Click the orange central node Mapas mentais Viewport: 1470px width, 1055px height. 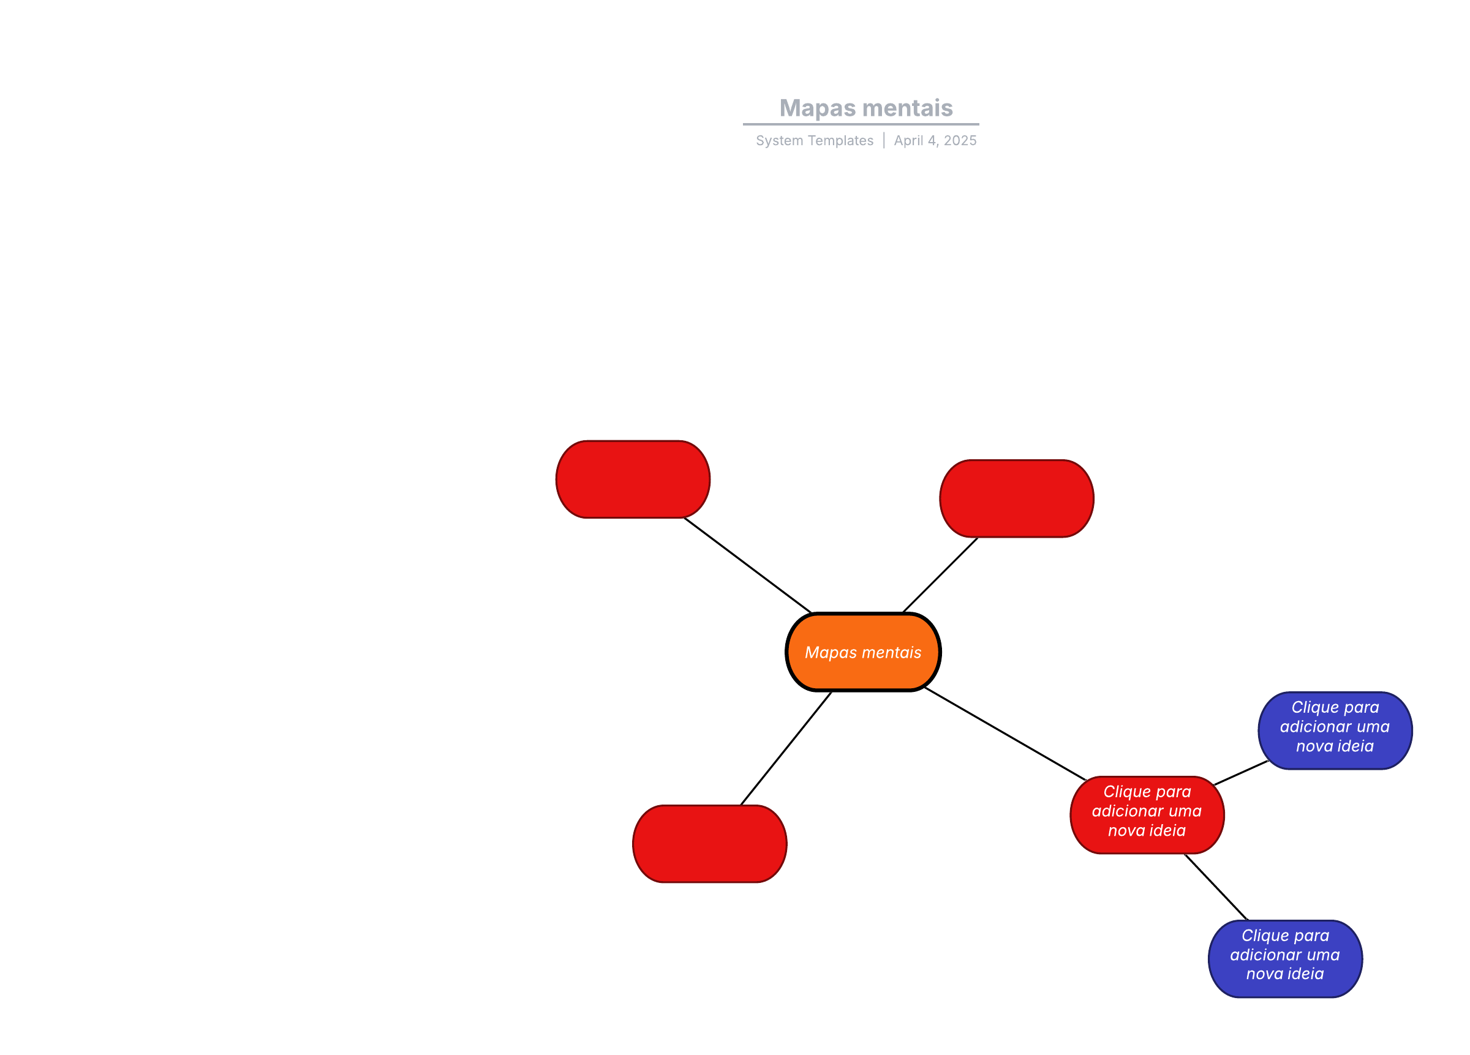[862, 652]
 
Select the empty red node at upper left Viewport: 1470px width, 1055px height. [633, 479]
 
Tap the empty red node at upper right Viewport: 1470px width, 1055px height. [1016, 498]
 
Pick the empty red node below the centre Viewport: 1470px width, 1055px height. [710, 844]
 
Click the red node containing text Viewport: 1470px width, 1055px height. [1147, 814]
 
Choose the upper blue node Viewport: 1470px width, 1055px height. [1335, 730]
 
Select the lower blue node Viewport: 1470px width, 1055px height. [1284, 958]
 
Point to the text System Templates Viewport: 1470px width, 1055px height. [814, 141]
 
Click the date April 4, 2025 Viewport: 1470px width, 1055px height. [935, 141]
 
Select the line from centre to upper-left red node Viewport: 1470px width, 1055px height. [747, 565]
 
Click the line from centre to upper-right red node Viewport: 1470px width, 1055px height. [940, 575]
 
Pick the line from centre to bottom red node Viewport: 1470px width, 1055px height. [786, 748]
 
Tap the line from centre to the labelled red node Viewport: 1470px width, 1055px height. [1005, 734]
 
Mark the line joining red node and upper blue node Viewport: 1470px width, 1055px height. [1240, 773]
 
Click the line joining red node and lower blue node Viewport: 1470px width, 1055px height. [1216, 887]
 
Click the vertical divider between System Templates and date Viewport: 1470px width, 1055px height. [883, 141]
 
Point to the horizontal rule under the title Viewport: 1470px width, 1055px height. [861, 124]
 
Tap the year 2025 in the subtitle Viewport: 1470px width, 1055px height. [960, 141]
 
